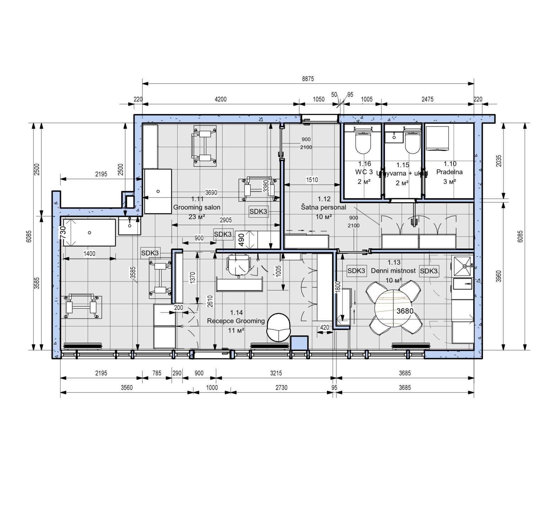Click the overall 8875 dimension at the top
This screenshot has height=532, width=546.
(x=308, y=79)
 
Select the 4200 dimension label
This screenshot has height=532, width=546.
(x=220, y=99)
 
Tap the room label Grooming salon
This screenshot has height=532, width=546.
(x=197, y=207)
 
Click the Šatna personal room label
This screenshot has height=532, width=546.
(x=323, y=207)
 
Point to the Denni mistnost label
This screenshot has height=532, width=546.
(x=393, y=271)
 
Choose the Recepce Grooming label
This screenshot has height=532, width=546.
(x=236, y=321)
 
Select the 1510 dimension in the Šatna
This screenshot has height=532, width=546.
(x=312, y=180)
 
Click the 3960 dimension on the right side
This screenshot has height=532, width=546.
(x=499, y=276)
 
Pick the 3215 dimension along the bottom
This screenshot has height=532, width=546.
(x=276, y=373)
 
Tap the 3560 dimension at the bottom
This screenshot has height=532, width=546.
(x=127, y=387)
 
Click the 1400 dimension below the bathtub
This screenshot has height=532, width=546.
(x=89, y=254)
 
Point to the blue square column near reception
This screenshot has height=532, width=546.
(x=299, y=343)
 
